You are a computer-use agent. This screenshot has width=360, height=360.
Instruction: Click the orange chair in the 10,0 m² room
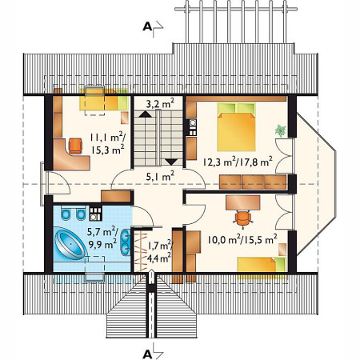click(x=242, y=216)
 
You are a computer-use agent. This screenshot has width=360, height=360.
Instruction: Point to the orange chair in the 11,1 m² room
click(x=74, y=146)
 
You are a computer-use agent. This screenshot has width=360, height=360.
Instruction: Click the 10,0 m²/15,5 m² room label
click(x=241, y=238)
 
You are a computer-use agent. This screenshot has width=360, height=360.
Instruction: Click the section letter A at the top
click(x=147, y=26)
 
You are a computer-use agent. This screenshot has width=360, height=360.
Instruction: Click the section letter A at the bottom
click(x=147, y=351)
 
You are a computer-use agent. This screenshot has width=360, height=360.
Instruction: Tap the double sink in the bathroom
click(x=124, y=244)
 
